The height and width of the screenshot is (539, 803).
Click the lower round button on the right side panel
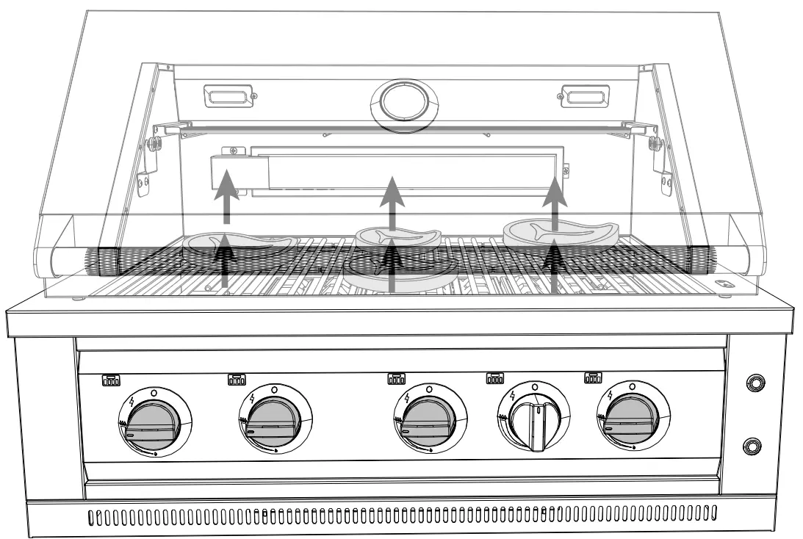coord(753,444)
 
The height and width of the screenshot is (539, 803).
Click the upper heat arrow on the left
coord(227,194)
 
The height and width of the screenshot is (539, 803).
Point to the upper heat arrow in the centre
coord(394,200)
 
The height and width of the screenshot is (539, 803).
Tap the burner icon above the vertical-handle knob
coord(495,377)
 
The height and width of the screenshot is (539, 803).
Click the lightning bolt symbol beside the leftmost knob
coord(131,402)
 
